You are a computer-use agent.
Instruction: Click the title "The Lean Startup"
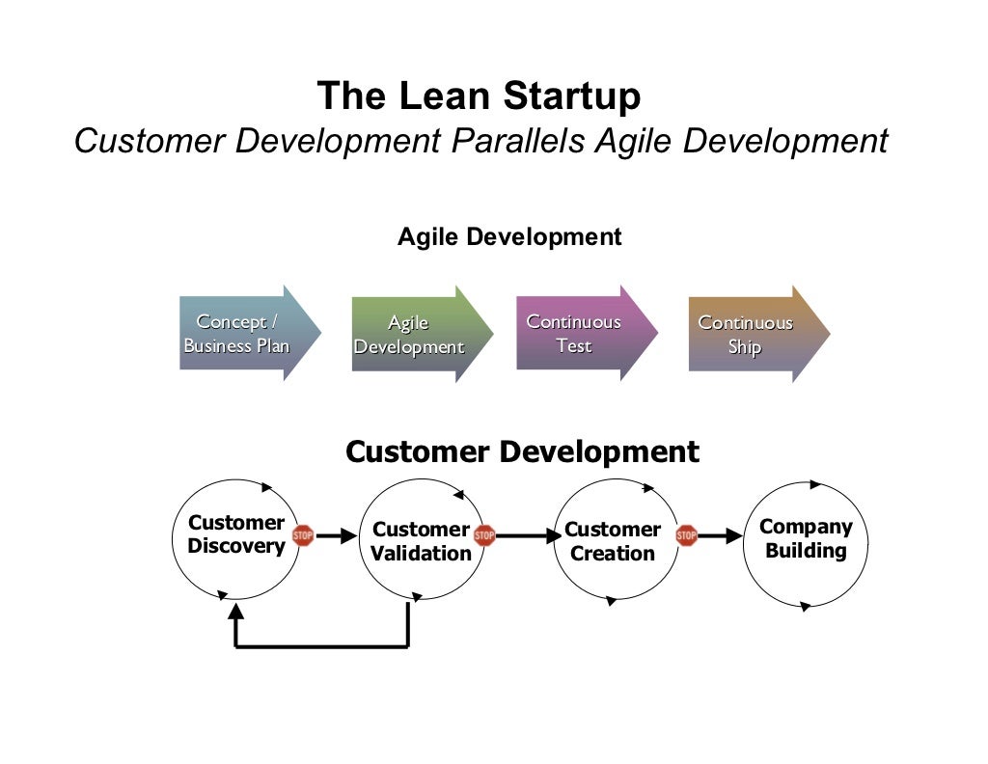click(x=479, y=96)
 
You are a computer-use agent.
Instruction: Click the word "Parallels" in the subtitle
click(x=516, y=141)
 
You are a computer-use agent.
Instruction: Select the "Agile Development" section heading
click(x=509, y=236)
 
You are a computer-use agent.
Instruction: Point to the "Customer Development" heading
click(x=522, y=451)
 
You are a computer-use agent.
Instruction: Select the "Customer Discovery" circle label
click(x=236, y=534)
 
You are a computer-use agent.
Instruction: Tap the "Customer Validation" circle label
click(x=421, y=541)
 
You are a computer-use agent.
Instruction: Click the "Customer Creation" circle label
click(x=612, y=541)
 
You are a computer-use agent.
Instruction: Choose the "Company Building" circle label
click(x=806, y=539)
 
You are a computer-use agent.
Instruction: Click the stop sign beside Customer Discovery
click(x=303, y=535)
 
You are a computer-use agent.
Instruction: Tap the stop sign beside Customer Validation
click(x=484, y=535)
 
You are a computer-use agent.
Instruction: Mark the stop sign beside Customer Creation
click(x=686, y=535)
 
